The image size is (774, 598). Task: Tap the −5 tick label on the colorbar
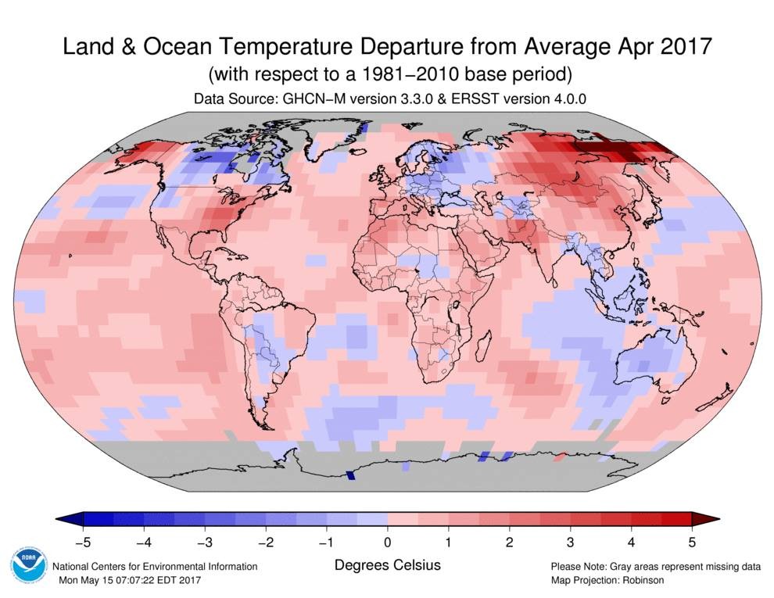pos(81,541)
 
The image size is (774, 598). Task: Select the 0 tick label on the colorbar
pos(388,541)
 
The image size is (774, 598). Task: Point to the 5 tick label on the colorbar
pos(691,541)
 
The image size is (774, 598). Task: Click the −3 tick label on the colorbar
pos(205,541)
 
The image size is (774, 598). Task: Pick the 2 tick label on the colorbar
pos(509,541)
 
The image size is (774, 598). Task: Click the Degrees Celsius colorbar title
pos(387,564)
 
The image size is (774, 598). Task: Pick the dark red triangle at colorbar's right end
pos(701,519)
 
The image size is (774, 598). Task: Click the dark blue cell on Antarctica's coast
pos(350,474)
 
